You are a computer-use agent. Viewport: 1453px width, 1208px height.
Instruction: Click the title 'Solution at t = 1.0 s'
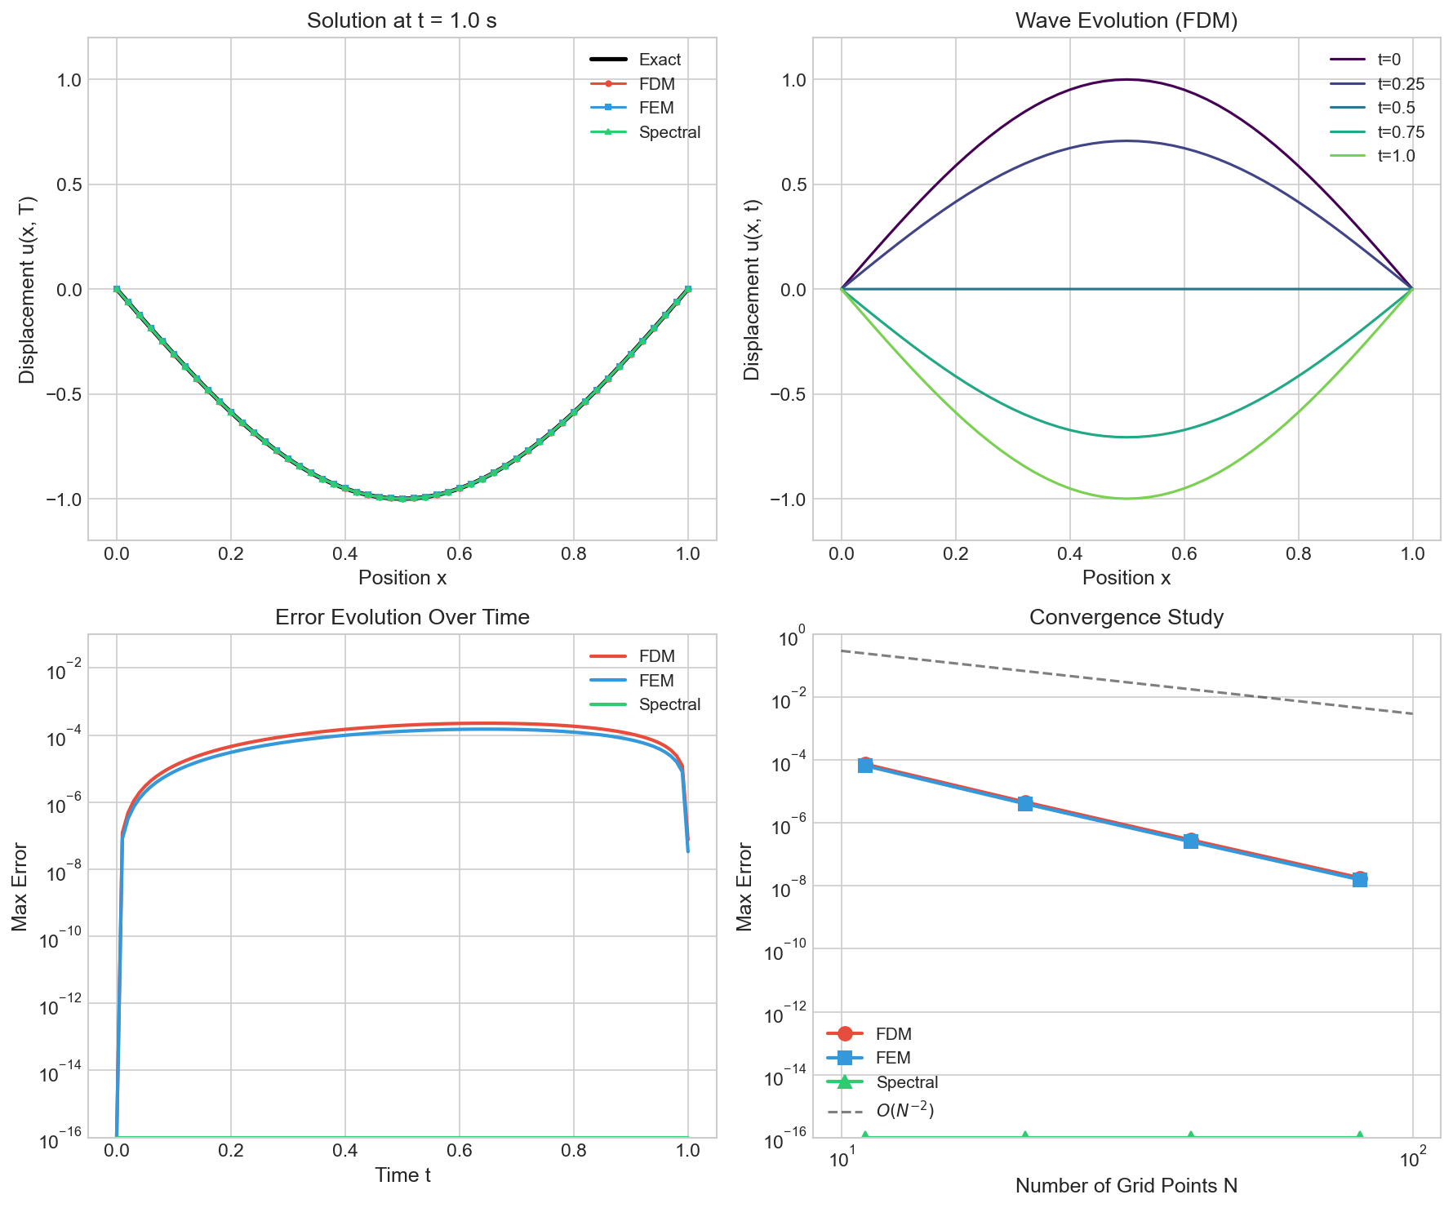click(x=402, y=21)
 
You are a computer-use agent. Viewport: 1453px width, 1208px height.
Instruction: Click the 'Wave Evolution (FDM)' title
click(x=1126, y=21)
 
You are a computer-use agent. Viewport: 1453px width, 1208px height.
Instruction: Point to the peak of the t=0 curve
click(x=1126, y=79)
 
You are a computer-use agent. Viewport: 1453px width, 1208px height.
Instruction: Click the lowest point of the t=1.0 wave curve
click(x=1126, y=499)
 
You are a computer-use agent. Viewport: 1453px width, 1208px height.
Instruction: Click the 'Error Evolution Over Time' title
click(x=402, y=617)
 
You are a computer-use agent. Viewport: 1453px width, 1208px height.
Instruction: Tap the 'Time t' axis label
click(x=402, y=1175)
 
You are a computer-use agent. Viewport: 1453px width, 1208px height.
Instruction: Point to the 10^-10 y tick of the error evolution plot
click(x=59, y=936)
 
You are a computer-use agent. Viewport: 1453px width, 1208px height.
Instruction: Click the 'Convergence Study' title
click(x=1126, y=617)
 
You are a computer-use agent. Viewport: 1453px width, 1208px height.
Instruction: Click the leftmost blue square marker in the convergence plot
click(x=865, y=765)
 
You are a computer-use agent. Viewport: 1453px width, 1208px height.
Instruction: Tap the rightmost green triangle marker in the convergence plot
click(x=1359, y=1136)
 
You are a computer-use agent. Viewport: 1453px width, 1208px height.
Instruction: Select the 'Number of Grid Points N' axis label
click(x=1126, y=1186)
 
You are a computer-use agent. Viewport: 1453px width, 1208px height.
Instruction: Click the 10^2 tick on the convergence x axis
click(x=1413, y=1159)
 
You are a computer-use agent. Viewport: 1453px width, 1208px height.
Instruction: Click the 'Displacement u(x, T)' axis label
click(x=27, y=289)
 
